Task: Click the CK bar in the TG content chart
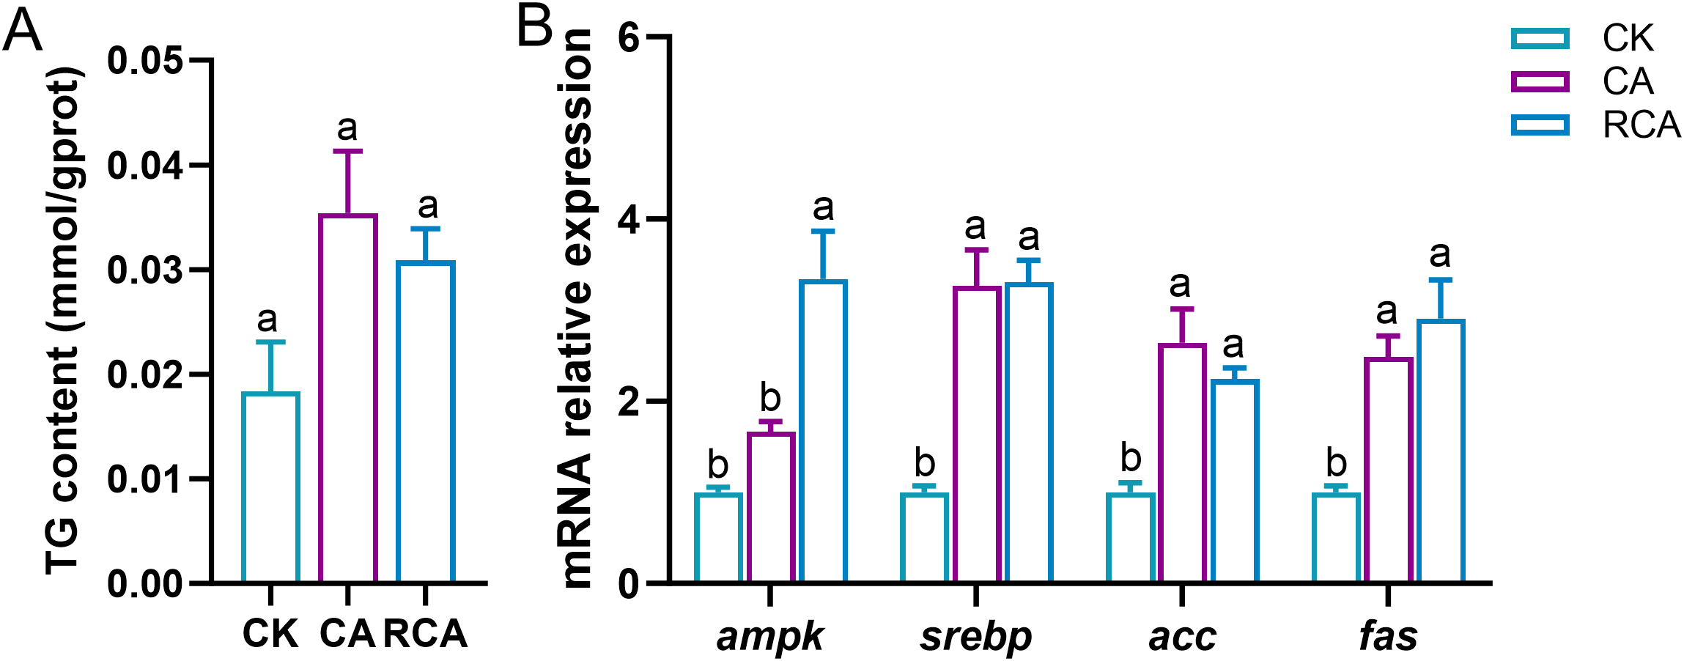click(270, 487)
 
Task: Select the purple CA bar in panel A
click(348, 399)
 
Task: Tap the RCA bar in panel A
click(426, 422)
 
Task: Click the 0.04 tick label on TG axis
click(145, 166)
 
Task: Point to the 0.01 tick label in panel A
click(145, 479)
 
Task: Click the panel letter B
click(534, 28)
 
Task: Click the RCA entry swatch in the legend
click(1540, 125)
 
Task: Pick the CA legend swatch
click(1540, 81)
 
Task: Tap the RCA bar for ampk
click(823, 432)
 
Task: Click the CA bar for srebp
click(977, 435)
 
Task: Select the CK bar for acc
click(1131, 538)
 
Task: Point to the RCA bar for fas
click(1441, 451)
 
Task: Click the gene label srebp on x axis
click(976, 636)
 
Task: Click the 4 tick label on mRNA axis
click(629, 220)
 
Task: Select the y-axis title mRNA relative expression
click(577, 308)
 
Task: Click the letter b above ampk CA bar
click(770, 398)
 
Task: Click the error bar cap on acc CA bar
click(1182, 309)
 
